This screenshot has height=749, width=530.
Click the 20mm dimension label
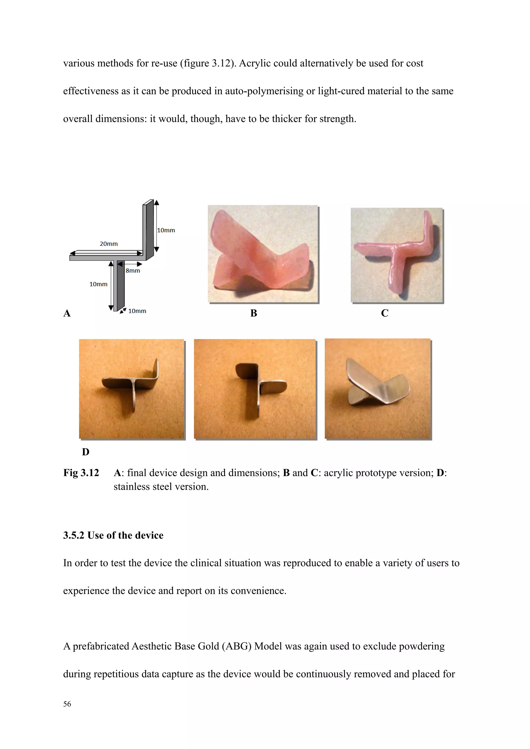(109, 244)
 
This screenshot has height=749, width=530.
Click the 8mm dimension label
(133, 271)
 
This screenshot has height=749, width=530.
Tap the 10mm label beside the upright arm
(166, 230)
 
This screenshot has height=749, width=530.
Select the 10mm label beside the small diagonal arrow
(137, 311)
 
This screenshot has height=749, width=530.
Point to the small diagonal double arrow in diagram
(123, 311)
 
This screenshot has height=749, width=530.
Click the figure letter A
(67, 313)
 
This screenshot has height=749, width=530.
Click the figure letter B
(254, 313)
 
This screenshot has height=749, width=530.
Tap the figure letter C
(385, 313)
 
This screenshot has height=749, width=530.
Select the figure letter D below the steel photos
(85, 452)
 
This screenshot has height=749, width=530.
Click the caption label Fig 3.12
(81, 473)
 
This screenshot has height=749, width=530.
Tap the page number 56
(67, 704)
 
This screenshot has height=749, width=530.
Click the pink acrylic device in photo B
(261, 254)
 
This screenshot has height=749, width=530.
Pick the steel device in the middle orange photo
(258, 388)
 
